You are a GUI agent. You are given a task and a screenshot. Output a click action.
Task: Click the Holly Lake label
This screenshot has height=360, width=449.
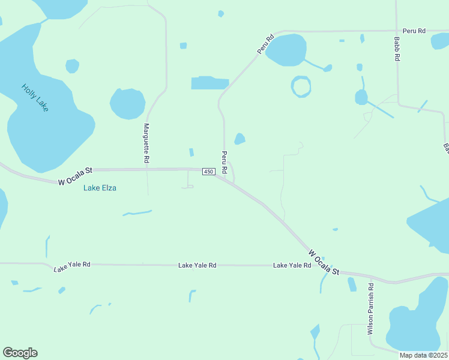35,97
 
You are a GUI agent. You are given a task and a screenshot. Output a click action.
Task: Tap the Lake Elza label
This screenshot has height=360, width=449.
100,188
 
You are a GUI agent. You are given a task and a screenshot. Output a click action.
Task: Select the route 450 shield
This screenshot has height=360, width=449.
208,172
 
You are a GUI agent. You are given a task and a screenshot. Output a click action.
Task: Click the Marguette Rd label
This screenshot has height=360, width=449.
146,143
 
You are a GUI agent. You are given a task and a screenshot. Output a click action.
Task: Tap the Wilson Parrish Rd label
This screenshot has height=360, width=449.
371,309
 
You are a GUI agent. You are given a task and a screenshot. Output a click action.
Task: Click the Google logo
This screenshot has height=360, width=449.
20,353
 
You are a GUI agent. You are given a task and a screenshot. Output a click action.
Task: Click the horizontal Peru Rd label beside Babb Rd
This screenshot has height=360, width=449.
414,31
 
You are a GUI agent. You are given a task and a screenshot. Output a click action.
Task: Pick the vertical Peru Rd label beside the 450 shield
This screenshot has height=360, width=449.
224,162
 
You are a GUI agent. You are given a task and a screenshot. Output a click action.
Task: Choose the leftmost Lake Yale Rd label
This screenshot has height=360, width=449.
72,265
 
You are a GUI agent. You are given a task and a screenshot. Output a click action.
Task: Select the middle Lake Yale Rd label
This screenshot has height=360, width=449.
197,265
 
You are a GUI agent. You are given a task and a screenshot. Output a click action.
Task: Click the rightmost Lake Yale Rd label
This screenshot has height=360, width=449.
292,265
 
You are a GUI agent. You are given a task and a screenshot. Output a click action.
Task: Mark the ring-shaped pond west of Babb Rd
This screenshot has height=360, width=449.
301,86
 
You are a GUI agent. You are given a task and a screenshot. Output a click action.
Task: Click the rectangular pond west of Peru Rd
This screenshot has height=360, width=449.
209,83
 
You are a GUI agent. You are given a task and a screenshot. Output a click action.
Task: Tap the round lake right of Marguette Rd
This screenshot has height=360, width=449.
127,103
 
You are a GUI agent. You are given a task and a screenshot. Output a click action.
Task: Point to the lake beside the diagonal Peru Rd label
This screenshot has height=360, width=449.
286,50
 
